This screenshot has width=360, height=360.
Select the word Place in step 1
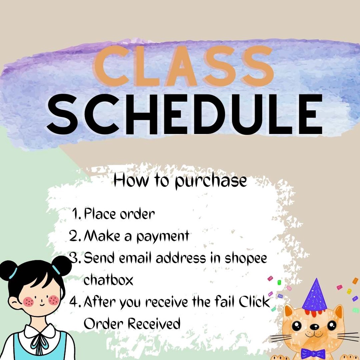click(x=100, y=213)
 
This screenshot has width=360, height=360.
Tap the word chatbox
click(x=109, y=280)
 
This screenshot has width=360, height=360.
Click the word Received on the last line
click(x=154, y=323)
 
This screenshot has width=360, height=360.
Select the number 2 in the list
click(x=75, y=236)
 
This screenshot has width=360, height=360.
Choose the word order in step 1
click(x=137, y=214)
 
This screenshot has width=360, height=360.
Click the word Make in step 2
click(x=102, y=236)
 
